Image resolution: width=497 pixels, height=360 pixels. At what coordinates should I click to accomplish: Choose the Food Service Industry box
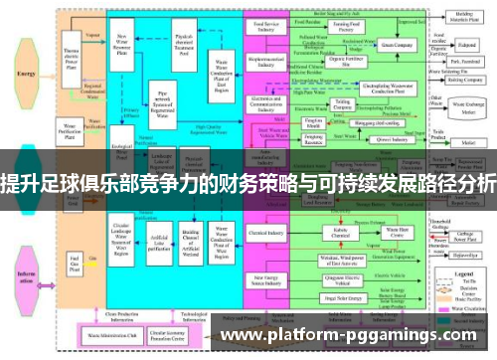pyautogui.click(x=266, y=28)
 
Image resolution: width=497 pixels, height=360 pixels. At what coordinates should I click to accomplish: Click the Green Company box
pyautogui.click(x=396, y=46)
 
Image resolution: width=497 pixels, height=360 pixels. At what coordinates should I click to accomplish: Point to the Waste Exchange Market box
pyautogui.click(x=468, y=105)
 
